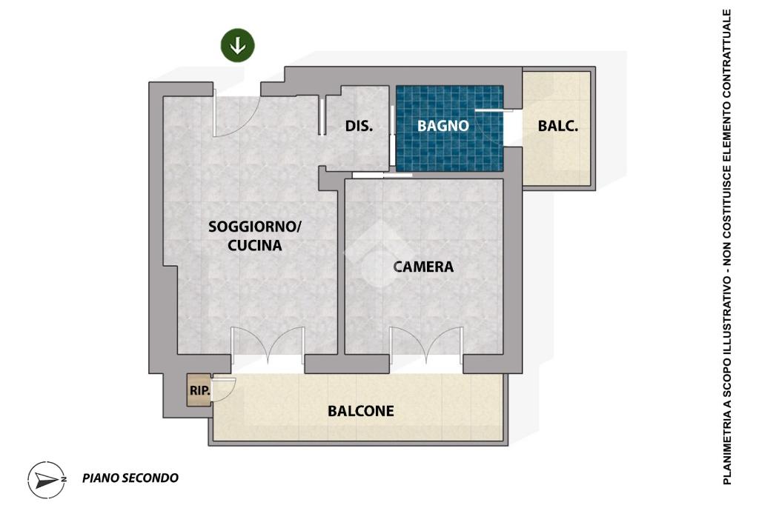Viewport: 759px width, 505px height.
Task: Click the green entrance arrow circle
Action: pos(238,45)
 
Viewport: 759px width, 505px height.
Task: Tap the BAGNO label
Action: pos(443,126)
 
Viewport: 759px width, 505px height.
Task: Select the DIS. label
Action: pos(359,126)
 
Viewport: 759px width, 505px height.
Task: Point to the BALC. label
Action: pos(557,126)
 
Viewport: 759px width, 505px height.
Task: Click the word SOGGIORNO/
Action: pos(255,227)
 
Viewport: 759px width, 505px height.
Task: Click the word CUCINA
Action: pos(255,245)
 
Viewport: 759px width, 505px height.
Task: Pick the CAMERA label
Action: pos(423,267)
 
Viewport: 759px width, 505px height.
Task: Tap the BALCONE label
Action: pos(361,411)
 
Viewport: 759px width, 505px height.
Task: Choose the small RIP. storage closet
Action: pos(199,390)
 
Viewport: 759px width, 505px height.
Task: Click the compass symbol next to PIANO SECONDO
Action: pos(47,479)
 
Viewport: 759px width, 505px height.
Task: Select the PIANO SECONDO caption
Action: pos(130,478)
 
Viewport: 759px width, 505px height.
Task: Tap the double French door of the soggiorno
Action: pos(268,345)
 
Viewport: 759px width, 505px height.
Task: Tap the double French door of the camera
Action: pos(426,345)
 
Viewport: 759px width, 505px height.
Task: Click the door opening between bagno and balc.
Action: pos(513,127)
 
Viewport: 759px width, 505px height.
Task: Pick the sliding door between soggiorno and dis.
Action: pos(322,116)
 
